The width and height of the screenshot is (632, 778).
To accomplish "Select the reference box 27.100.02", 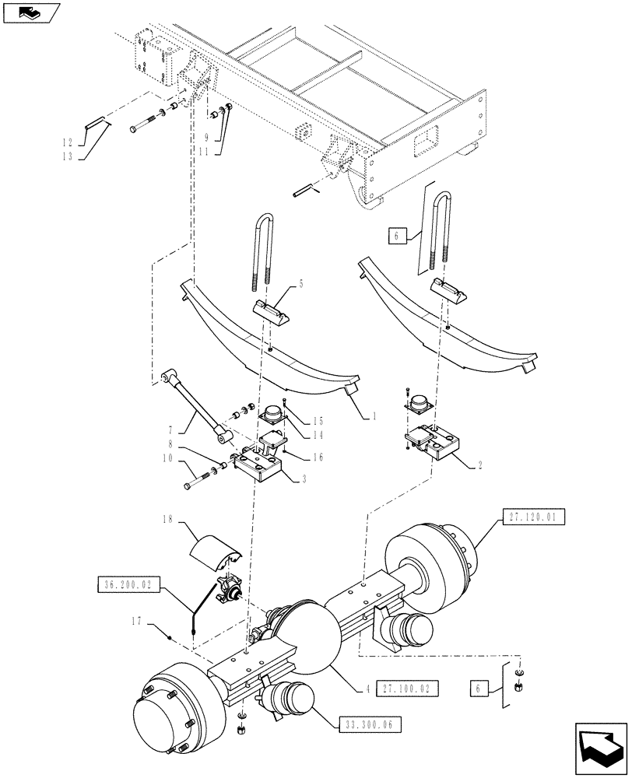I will (x=409, y=688).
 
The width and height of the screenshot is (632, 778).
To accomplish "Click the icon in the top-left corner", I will (x=31, y=12).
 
